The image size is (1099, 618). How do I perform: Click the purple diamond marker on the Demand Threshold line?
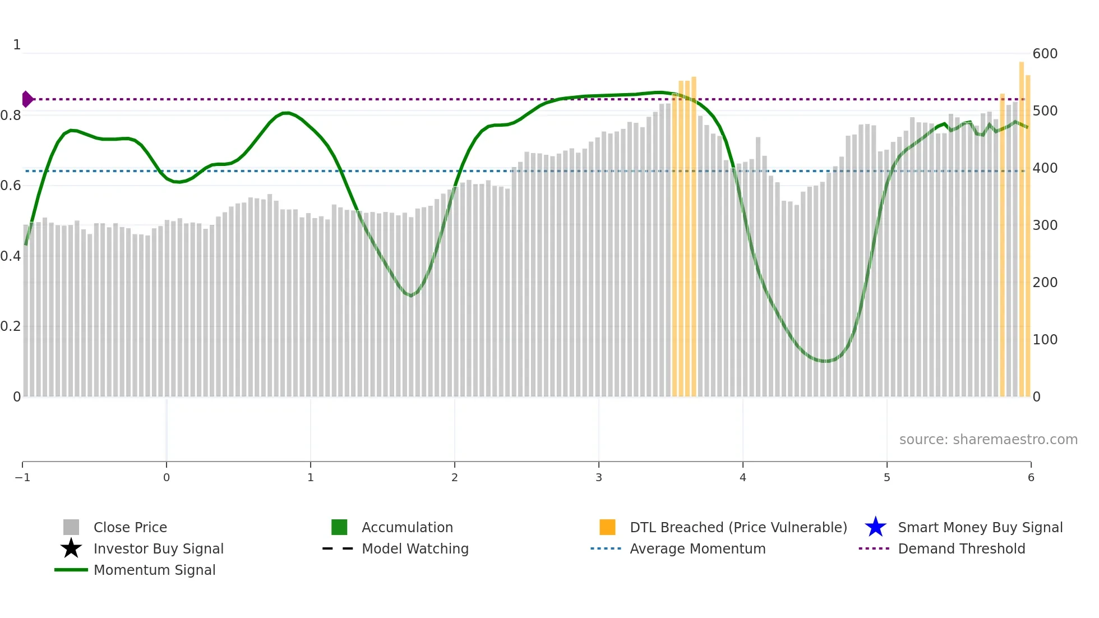[x=27, y=99]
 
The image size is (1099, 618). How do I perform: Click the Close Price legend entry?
[x=130, y=527]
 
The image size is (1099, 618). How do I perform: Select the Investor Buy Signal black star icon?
[x=71, y=548]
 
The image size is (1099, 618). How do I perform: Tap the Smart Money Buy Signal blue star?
[x=875, y=527]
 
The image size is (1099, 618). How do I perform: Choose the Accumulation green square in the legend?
[x=339, y=527]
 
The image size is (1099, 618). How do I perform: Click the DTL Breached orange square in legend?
[x=607, y=527]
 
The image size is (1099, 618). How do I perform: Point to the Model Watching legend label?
[x=415, y=548]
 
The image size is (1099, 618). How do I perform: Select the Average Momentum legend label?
[x=698, y=548]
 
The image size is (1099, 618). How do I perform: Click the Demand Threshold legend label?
[x=961, y=548]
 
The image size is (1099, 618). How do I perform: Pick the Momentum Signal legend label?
[x=154, y=570]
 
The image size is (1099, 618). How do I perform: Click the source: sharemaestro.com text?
[x=988, y=439]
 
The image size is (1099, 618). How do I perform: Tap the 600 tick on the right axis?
[x=1045, y=54]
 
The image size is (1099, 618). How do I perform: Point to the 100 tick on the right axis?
[x=1045, y=340]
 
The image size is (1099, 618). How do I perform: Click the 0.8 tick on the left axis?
[x=11, y=116]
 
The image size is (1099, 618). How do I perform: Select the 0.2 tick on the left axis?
[x=11, y=326]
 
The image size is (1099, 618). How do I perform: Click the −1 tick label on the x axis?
[x=22, y=478]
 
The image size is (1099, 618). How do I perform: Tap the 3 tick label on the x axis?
[x=599, y=478]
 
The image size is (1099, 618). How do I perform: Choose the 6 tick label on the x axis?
[x=1031, y=478]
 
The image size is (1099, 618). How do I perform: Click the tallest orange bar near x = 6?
[x=1022, y=224]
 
